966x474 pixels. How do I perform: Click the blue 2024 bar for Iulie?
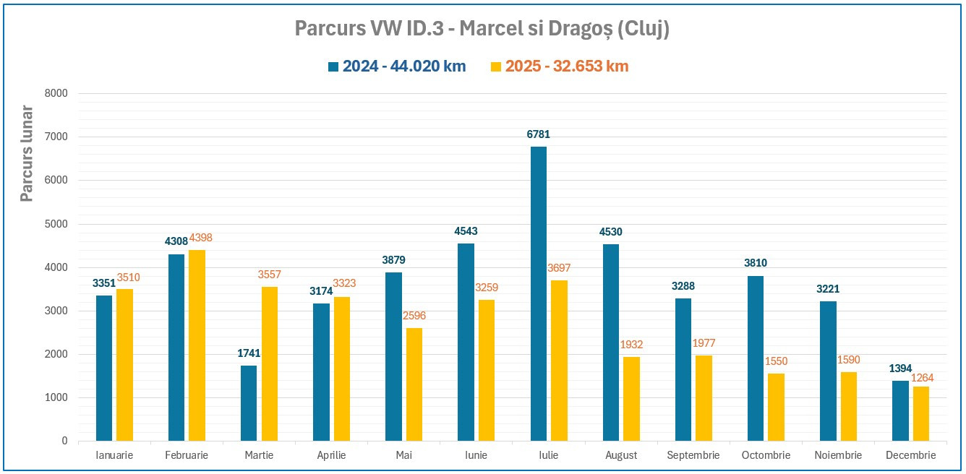[x=539, y=293]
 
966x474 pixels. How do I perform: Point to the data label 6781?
[x=539, y=134]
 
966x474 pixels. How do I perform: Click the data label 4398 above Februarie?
[x=201, y=238]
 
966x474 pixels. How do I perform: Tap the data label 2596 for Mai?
[x=414, y=316]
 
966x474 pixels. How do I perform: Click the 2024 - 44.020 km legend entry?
[x=397, y=66]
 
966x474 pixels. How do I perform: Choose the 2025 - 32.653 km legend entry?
[x=560, y=66]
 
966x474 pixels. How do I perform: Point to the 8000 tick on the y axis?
[x=55, y=93]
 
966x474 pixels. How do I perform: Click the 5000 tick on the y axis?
[x=55, y=224]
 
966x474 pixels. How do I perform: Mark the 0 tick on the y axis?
[x=64, y=441]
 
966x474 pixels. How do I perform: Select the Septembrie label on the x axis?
[x=693, y=455]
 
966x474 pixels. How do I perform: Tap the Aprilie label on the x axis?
[x=331, y=455]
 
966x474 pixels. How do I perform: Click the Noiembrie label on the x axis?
[x=838, y=455]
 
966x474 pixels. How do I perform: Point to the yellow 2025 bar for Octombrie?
[x=776, y=407]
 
